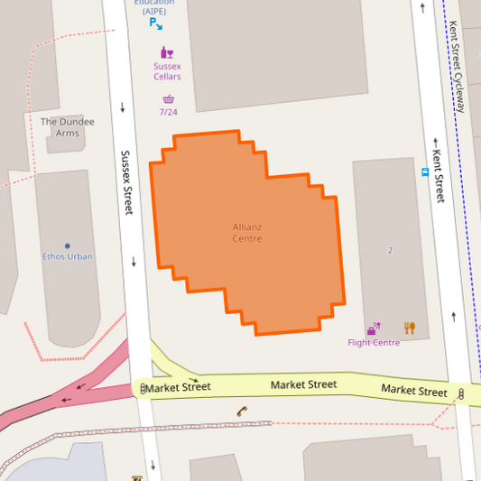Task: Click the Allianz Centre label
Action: point(246,233)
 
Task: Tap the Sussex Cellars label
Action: point(167,71)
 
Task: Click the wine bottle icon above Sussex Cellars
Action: point(165,52)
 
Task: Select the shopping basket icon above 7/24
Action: point(168,99)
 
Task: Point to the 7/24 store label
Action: point(168,112)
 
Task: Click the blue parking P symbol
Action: point(154,23)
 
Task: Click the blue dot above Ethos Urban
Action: point(67,245)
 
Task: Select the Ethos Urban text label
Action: point(68,256)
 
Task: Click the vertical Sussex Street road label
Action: point(127,182)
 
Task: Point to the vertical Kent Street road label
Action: point(439,175)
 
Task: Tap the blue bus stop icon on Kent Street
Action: point(424,171)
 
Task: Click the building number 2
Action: point(390,249)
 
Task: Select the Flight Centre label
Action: point(374,343)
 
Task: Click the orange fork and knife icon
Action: point(410,328)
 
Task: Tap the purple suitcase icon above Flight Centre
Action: point(373,328)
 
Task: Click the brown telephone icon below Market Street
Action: point(242,412)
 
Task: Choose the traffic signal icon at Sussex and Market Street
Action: point(143,388)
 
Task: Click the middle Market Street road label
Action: point(303,384)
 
